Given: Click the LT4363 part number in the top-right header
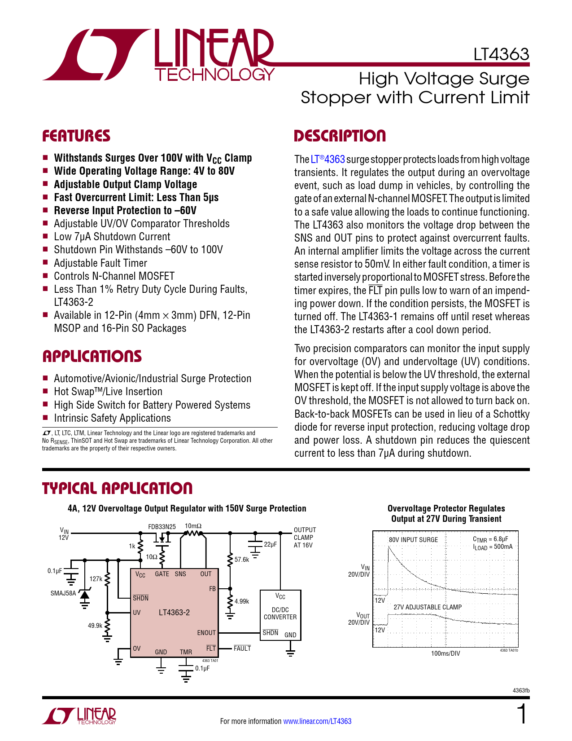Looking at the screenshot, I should pyautogui.click(x=501, y=54).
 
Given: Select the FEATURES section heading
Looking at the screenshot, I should pyautogui.click(x=76, y=136).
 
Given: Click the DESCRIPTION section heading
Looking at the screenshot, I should pyautogui.click(x=340, y=136).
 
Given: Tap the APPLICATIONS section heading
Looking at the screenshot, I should pyautogui.click(x=92, y=357).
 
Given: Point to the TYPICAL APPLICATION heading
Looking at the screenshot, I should pyautogui.click(x=117, y=489).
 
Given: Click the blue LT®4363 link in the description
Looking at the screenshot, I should pyautogui.click(x=327, y=159).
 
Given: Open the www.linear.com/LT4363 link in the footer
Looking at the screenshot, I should pyautogui.click(x=317, y=721).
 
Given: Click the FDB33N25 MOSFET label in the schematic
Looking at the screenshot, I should pyautogui.click(x=162, y=526).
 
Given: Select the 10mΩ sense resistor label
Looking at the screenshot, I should pyautogui.click(x=193, y=526).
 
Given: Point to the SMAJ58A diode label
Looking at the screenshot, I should pyautogui.click(x=63, y=593).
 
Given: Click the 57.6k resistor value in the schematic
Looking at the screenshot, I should pyautogui.click(x=242, y=560).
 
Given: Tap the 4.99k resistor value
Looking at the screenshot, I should pyautogui.click(x=242, y=601).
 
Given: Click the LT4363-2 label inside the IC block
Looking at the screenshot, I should pyautogui.click(x=174, y=613).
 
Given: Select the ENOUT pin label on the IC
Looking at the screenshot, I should pyautogui.click(x=206, y=633).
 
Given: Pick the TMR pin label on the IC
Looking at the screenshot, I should pyautogui.click(x=186, y=652).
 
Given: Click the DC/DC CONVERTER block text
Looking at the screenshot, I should pyautogui.click(x=280, y=613).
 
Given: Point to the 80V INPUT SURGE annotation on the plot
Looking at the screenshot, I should pyautogui.click(x=413, y=540).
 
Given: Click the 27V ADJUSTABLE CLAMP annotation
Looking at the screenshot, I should pyautogui.click(x=428, y=607).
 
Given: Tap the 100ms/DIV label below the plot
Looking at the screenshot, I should pyautogui.click(x=445, y=653).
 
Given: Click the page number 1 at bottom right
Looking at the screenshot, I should pyautogui.click(x=522, y=715).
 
